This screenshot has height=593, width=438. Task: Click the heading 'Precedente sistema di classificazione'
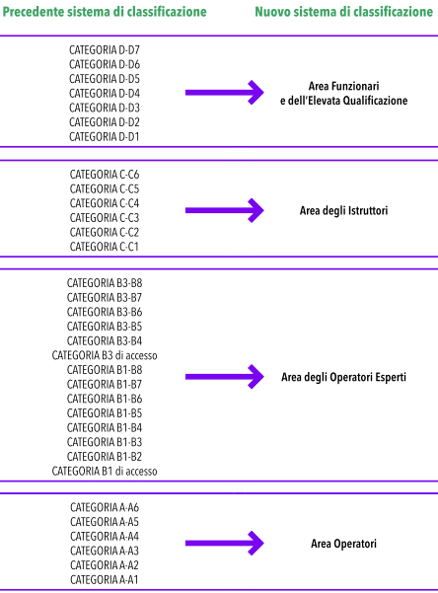[x=105, y=12]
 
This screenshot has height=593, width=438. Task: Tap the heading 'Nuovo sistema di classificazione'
[x=344, y=12]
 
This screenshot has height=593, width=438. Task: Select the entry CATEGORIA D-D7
[x=105, y=50]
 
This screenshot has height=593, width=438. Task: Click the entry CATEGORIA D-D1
[x=105, y=136]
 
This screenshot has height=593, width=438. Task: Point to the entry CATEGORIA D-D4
[x=105, y=93]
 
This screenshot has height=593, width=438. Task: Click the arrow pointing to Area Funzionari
[x=224, y=93]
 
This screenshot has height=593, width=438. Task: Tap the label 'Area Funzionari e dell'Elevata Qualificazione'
[x=344, y=94]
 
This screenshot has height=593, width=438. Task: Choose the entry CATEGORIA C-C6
[x=105, y=175]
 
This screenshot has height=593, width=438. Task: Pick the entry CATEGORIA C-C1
[x=105, y=247]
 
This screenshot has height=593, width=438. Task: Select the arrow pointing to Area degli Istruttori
[x=224, y=210]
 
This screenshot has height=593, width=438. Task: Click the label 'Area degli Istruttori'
[x=344, y=210]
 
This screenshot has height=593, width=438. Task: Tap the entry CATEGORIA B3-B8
[x=105, y=283]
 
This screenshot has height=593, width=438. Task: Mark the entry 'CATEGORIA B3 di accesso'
[x=105, y=355]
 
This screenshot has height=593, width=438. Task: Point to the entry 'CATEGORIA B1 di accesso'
[x=105, y=472]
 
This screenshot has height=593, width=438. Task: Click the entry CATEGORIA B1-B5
[x=105, y=413]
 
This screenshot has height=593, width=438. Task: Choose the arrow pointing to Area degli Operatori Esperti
[x=224, y=376]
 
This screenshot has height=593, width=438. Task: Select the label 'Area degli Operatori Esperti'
[x=344, y=377]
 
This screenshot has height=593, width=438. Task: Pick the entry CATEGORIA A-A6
[x=105, y=507]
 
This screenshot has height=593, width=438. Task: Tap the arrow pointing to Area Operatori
[x=224, y=543]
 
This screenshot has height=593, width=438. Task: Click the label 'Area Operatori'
[x=344, y=544]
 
